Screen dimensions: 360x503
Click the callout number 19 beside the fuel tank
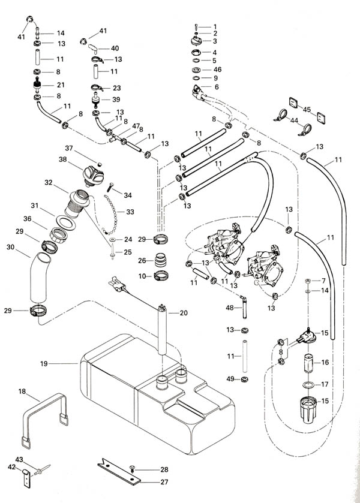pyautogui.click(x=44, y=363)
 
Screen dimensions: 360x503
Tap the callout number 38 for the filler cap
pyautogui.click(x=62, y=159)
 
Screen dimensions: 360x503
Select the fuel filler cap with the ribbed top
pyautogui.click(x=93, y=175)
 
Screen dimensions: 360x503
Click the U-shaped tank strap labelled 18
pyautogui.click(x=45, y=419)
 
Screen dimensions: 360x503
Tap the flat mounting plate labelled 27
pyautogui.click(x=119, y=472)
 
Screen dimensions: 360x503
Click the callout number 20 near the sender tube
pyautogui.click(x=184, y=313)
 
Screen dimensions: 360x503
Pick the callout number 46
pyautogui.click(x=217, y=70)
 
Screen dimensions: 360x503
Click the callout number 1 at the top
pyautogui.click(x=215, y=27)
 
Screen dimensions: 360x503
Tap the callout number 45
pyautogui.click(x=307, y=109)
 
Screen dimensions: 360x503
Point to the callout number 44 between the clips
pyautogui.click(x=294, y=121)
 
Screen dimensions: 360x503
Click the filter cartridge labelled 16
pyautogui.click(x=308, y=363)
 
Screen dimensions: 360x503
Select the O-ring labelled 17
pyautogui.click(x=308, y=385)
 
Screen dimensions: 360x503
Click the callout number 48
pyautogui.click(x=230, y=308)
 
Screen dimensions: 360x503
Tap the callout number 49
pyautogui.click(x=230, y=379)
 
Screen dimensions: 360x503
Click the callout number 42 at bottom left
pyautogui.click(x=11, y=467)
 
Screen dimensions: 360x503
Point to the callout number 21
pyautogui.click(x=61, y=85)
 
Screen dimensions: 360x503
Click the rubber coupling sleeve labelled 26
pyautogui.click(x=161, y=261)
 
